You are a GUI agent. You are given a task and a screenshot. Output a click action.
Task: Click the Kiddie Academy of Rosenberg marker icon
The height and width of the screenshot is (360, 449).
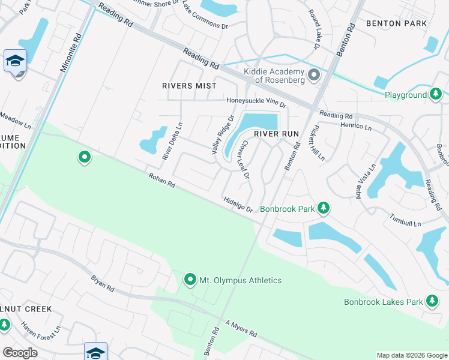tap(313, 76)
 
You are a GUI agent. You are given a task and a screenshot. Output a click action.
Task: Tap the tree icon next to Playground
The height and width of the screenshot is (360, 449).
tap(435, 94)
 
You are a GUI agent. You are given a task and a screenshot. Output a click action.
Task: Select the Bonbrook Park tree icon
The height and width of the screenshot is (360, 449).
tap(324, 208)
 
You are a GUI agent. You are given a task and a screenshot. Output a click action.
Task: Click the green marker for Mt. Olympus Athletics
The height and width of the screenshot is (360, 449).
tap(190, 280)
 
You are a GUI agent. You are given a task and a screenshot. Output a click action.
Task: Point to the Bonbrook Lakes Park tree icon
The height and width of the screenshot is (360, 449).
tap(432, 301)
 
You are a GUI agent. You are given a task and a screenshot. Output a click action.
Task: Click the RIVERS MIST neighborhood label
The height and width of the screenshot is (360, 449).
tap(189, 86)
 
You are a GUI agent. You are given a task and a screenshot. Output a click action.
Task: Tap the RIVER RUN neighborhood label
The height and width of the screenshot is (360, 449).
tap(276, 134)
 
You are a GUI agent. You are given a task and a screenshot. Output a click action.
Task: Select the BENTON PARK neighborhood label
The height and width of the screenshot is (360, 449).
tap(396, 23)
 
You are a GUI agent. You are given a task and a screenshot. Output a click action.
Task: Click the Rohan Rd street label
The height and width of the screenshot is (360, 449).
tap(162, 180)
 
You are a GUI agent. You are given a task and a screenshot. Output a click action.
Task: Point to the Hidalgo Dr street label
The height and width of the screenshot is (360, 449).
tap(238, 204)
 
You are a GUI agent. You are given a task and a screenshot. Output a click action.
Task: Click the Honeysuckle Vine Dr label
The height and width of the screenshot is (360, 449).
tap(256, 102)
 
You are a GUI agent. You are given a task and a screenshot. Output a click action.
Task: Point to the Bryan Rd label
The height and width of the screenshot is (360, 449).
tap(102, 283)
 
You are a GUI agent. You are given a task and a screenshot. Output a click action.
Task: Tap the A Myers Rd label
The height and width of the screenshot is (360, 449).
tap(241, 328)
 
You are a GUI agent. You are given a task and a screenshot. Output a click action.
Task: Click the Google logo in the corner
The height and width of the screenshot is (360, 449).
tap(21, 353)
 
